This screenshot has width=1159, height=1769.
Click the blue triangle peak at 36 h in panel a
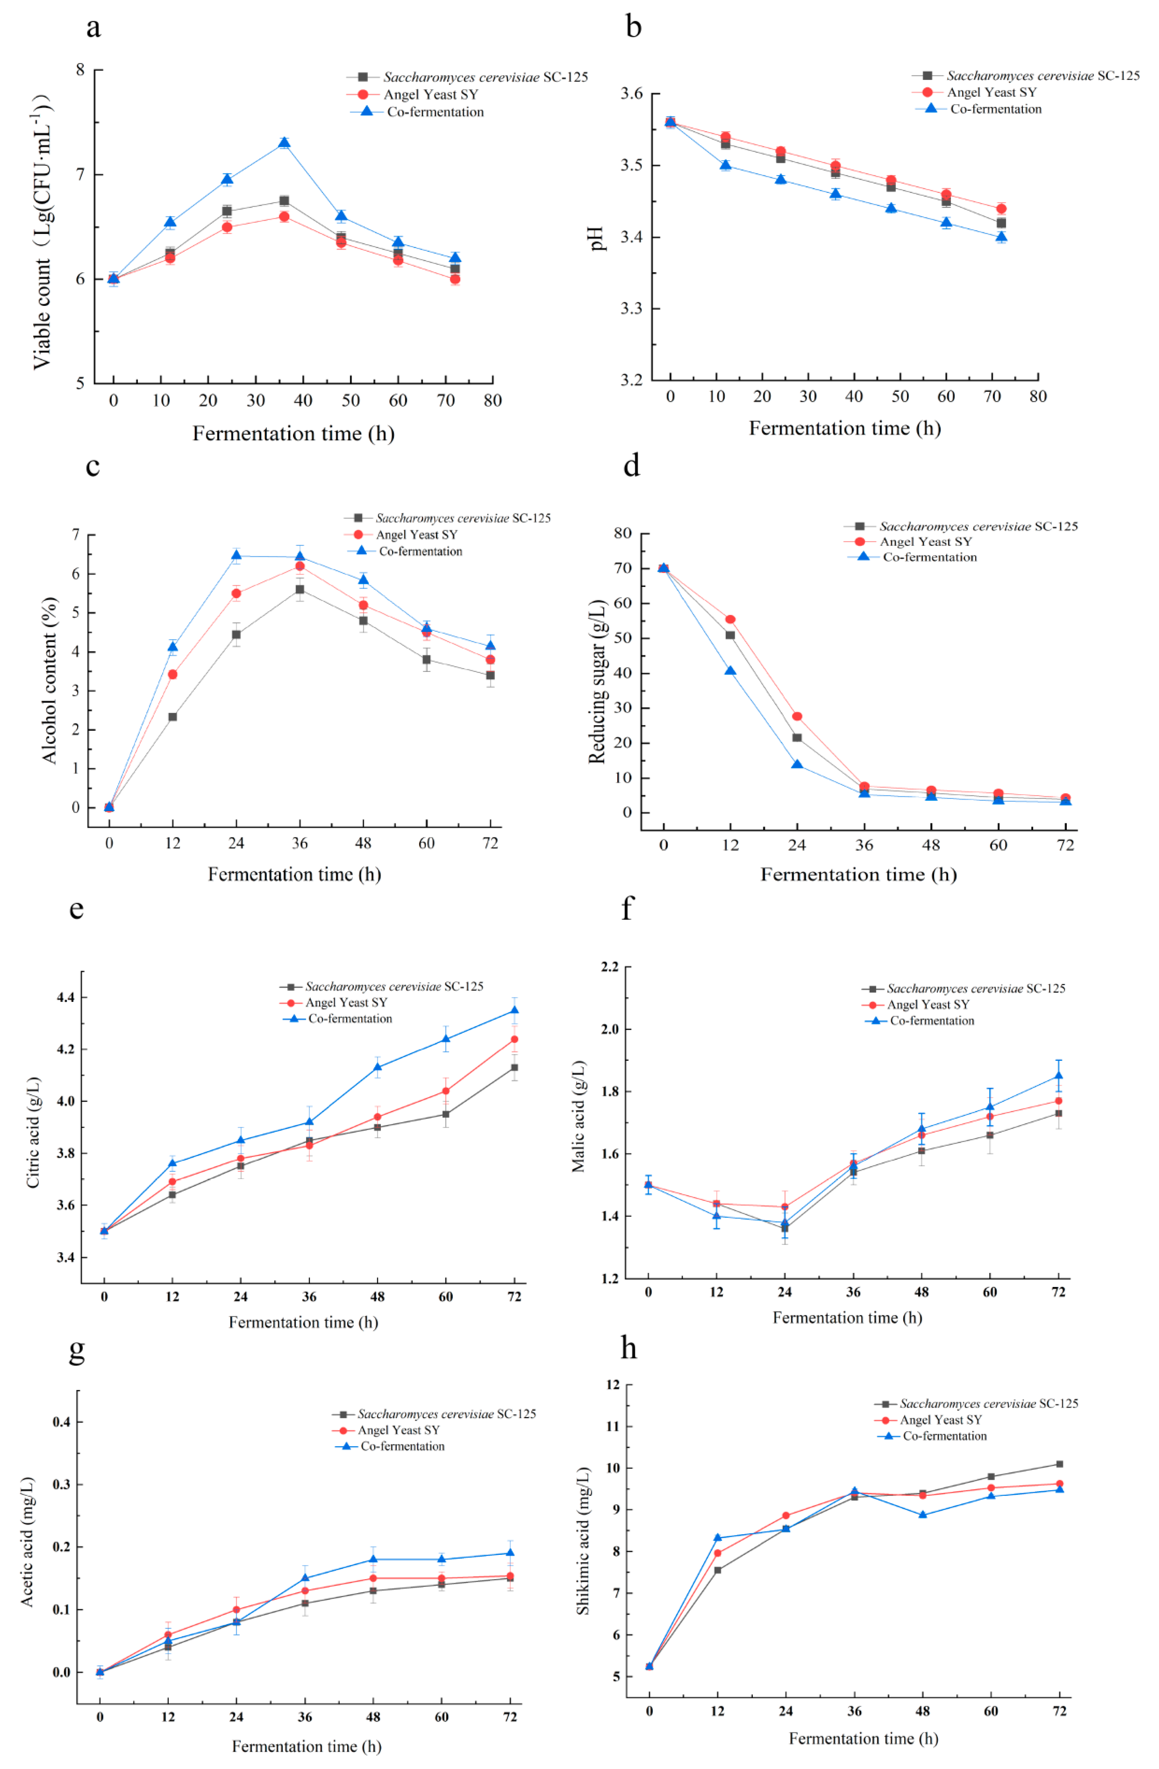284,143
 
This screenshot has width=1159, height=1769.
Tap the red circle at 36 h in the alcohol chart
300,566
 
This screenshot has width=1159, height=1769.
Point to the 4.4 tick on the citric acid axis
65,997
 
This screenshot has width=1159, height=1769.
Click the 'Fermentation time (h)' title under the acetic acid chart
306,1746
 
